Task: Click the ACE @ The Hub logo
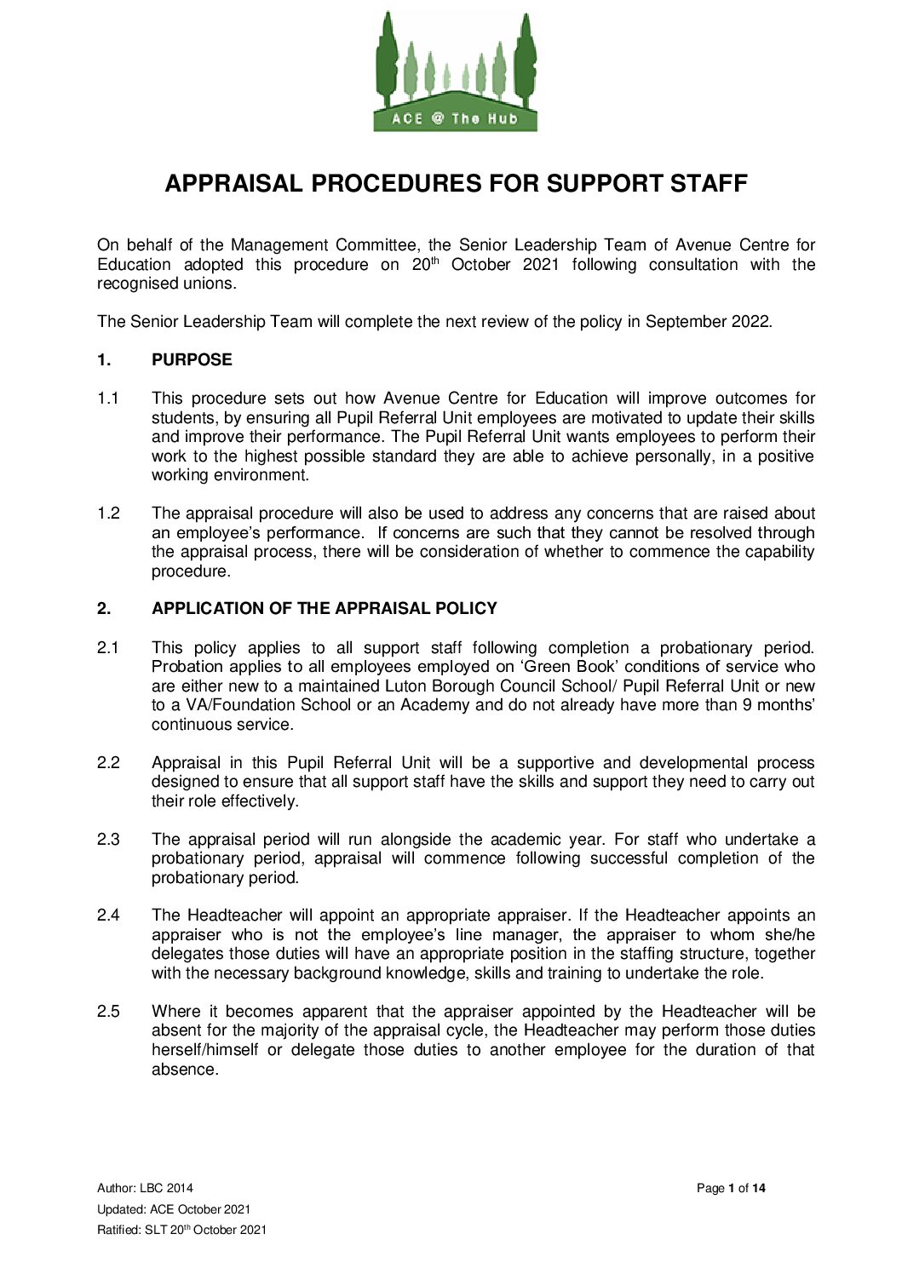(x=456, y=72)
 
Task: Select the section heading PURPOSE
(x=192, y=360)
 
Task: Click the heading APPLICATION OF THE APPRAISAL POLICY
(x=324, y=609)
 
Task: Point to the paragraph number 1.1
(x=108, y=399)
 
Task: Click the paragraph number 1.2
(x=108, y=514)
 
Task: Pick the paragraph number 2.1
(x=108, y=648)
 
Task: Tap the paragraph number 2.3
(x=108, y=840)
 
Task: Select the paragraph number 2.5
(x=108, y=1012)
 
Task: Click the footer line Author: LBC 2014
(x=145, y=1188)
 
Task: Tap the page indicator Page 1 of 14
(x=731, y=1188)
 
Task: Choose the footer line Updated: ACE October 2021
(x=174, y=1209)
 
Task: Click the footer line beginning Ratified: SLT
(x=181, y=1230)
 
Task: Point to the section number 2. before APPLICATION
(x=104, y=609)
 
